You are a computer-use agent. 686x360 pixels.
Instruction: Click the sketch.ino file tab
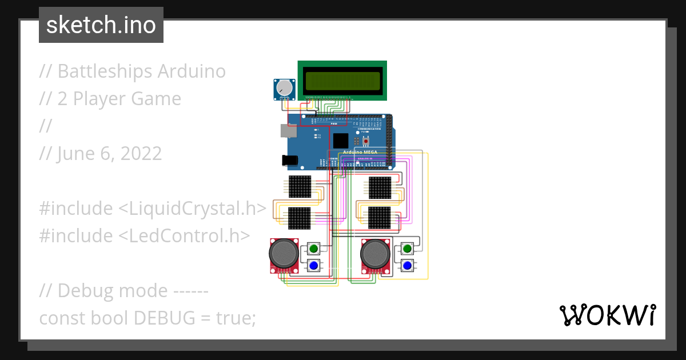(101, 25)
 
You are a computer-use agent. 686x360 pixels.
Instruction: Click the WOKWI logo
(607, 315)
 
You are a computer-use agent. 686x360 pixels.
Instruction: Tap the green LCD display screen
(342, 82)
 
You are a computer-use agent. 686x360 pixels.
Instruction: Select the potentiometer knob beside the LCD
(284, 89)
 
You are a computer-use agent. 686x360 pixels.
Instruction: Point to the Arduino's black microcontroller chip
(341, 141)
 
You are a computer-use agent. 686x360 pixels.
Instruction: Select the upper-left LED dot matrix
(300, 186)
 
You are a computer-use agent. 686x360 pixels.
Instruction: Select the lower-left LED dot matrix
(300, 218)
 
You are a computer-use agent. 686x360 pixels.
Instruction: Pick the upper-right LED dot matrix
(380, 186)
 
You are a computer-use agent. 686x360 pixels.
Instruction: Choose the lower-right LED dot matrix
(380, 218)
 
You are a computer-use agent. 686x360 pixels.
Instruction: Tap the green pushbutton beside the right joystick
(407, 249)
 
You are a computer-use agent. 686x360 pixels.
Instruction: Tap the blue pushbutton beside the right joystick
(407, 266)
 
